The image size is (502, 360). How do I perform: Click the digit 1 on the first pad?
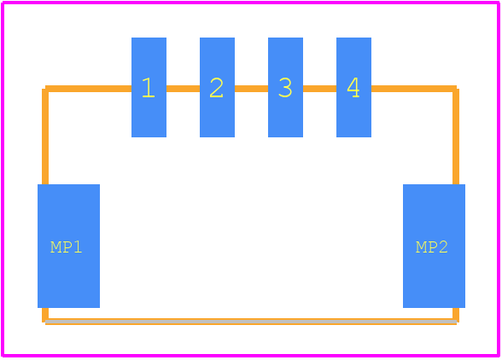pyautogui.click(x=149, y=87)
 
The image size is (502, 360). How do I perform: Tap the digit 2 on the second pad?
pyautogui.click(x=217, y=87)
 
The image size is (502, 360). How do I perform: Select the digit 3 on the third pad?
pyautogui.click(x=285, y=87)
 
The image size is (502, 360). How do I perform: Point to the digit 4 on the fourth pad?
pyautogui.click(x=353, y=87)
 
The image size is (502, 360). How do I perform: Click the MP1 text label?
pyautogui.click(x=67, y=247)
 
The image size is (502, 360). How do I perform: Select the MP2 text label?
pyautogui.click(x=432, y=247)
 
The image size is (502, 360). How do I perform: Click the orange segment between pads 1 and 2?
pyautogui.click(x=183, y=89)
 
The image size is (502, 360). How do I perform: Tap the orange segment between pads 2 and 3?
pyautogui.click(x=251, y=89)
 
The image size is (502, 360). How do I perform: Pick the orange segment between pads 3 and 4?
pyautogui.click(x=319, y=89)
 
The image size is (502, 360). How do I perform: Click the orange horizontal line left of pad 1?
pyautogui.click(x=89, y=89)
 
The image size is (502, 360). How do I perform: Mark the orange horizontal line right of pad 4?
pyautogui.click(x=414, y=89)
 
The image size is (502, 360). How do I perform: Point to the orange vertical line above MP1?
pyautogui.click(x=45, y=136)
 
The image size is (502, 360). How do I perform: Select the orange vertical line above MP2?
pyautogui.click(x=456, y=136)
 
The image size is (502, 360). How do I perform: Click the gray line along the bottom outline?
pyautogui.click(x=251, y=322)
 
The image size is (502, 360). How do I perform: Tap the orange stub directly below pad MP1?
pyautogui.click(x=45, y=315)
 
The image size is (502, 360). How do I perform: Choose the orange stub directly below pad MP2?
pyautogui.click(x=456, y=315)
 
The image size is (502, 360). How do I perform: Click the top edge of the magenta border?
pyautogui.click(x=251, y=3)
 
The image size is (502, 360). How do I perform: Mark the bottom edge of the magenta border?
pyautogui.click(x=251, y=355)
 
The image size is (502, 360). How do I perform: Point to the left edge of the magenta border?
pyautogui.click(x=3, y=179)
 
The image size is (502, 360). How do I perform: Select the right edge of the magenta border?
pyautogui.click(x=499, y=179)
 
